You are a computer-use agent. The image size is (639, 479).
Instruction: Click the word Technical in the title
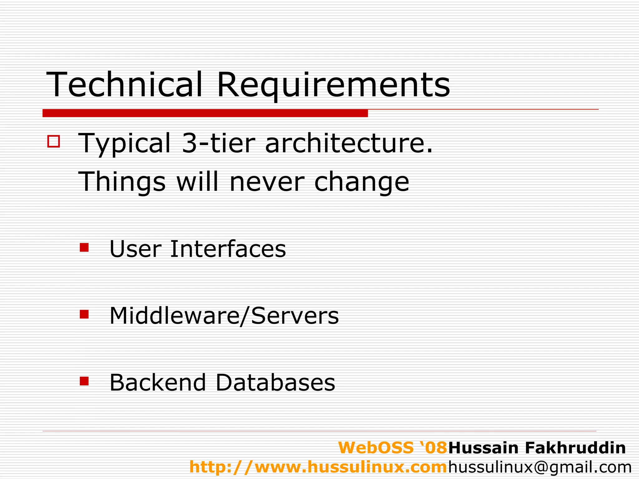point(124,85)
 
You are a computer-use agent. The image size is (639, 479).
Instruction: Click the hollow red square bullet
point(54,141)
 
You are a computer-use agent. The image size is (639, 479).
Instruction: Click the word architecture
point(349,143)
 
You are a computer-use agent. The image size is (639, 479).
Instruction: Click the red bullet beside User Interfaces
point(84,248)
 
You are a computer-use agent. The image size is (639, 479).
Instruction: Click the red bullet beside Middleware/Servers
point(84,314)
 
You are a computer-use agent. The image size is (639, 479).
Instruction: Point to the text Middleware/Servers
point(224,316)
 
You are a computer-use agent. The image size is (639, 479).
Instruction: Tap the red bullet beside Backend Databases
point(84,381)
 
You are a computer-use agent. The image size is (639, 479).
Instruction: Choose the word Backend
point(158,382)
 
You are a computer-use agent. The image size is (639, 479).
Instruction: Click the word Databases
point(275,382)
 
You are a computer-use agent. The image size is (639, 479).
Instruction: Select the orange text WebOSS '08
point(393,448)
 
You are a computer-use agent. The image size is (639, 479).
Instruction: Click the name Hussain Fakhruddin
point(537,448)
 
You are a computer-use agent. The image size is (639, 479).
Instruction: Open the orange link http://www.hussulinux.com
point(318,467)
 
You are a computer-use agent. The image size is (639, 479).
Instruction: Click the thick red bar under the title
point(205,113)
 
